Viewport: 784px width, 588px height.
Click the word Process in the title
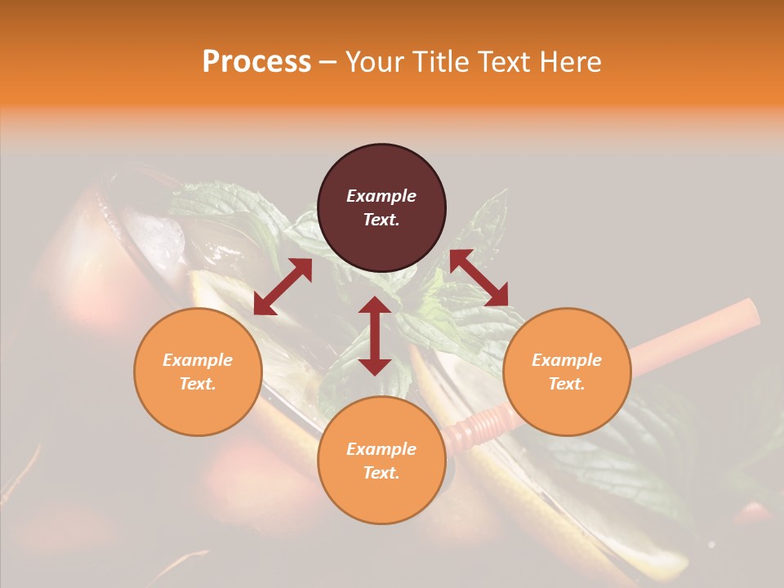(x=256, y=62)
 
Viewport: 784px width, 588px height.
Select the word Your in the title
(x=374, y=62)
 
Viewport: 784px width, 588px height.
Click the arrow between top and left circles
(x=283, y=287)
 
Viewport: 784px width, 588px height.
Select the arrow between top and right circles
(x=479, y=278)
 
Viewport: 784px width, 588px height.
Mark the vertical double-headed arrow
(x=375, y=336)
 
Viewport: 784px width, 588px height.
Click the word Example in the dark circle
(x=381, y=196)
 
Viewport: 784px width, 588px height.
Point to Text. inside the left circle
(x=198, y=384)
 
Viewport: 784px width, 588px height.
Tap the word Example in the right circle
(x=567, y=360)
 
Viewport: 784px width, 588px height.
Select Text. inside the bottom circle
(x=381, y=473)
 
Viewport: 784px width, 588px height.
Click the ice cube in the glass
(x=160, y=233)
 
